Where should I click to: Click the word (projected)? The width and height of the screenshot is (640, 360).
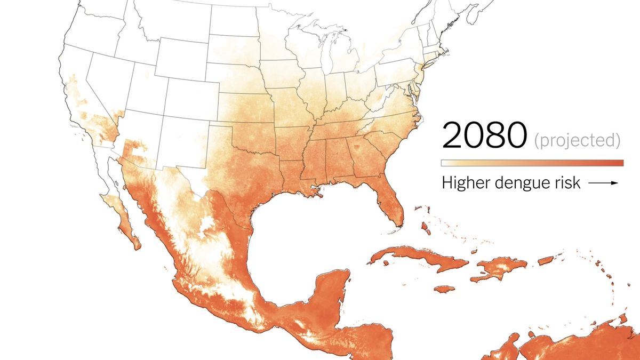577,140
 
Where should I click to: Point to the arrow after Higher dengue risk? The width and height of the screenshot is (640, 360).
603,183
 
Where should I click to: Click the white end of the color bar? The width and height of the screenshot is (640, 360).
446,163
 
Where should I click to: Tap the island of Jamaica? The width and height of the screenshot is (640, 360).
444,289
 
